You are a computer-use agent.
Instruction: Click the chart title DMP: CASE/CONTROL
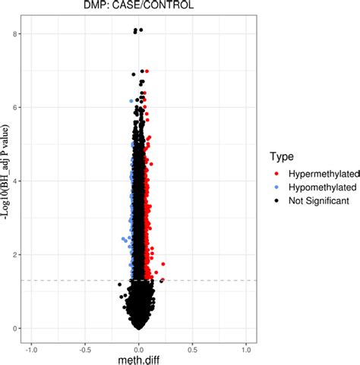tap(138, 6)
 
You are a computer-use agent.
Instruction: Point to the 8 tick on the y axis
tap(14, 34)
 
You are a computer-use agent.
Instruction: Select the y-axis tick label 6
tap(14, 108)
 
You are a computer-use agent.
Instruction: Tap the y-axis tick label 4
tap(14, 181)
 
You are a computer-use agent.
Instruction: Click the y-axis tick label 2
tap(14, 255)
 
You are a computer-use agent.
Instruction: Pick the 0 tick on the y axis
tap(14, 329)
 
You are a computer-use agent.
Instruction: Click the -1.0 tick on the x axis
tap(31, 350)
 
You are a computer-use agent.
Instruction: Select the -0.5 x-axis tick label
tap(84, 350)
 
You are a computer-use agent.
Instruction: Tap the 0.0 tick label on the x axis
tap(138, 350)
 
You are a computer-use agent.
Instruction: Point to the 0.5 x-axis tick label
tap(192, 350)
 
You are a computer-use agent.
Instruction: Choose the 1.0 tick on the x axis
tap(245, 350)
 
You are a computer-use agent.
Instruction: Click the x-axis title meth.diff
tap(138, 360)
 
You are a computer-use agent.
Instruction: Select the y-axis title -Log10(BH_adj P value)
tap(6, 182)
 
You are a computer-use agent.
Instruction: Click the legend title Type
tap(283, 156)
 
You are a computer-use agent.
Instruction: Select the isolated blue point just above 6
tap(131, 101)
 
